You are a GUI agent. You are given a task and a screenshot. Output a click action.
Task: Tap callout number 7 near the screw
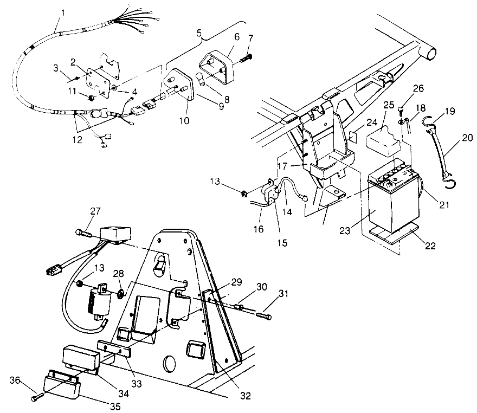[250, 37]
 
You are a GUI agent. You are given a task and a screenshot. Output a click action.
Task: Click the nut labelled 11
[91, 99]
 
